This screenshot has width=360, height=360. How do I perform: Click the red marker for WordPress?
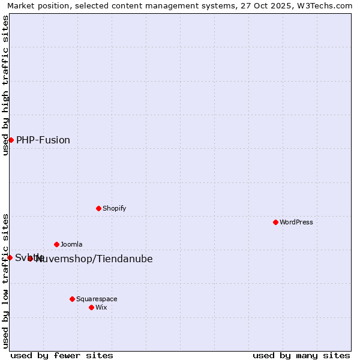pyautogui.click(x=275, y=222)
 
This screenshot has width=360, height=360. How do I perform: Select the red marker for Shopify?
pyautogui.click(x=98, y=208)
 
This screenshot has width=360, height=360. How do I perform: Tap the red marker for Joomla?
pyautogui.click(x=56, y=244)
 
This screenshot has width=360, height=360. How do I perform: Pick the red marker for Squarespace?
pyautogui.click(x=72, y=299)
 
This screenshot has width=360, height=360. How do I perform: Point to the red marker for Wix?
pyautogui.click(x=91, y=307)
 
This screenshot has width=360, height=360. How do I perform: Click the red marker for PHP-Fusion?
pyautogui.click(x=11, y=140)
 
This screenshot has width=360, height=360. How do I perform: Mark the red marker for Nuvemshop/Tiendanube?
pyautogui.click(x=30, y=259)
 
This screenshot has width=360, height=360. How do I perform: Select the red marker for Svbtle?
pyautogui.click(x=10, y=257)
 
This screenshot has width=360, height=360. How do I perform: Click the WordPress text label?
pyautogui.click(x=296, y=222)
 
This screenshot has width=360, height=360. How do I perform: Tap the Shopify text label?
pyautogui.click(x=114, y=208)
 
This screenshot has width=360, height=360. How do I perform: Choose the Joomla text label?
pyautogui.click(x=71, y=244)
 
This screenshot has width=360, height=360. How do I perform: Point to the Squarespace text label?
pyautogui.click(x=97, y=299)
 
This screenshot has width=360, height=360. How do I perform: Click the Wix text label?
pyautogui.click(x=101, y=307)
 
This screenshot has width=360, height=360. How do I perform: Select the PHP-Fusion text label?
pyautogui.click(x=43, y=140)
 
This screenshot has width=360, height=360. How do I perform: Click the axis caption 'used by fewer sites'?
pyautogui.click(x=62, y=355)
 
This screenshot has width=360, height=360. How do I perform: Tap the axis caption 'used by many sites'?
pyautogui.click(x=301, y=355)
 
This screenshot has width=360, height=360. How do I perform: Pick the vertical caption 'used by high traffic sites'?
pyautogui.click(x=5, y=85)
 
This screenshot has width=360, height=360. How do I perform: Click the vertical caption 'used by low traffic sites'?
pyautogui.click(x=5, y=280)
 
